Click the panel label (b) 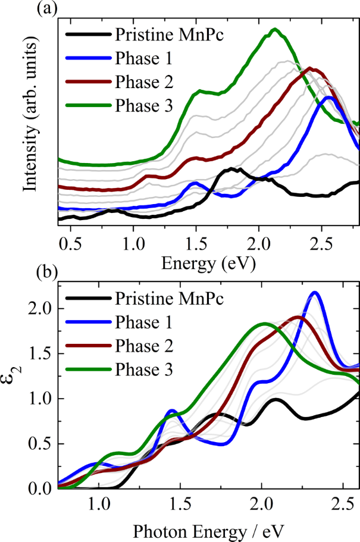coord(11,275)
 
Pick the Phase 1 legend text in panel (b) coord(144,323)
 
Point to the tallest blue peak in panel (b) coord(315,292)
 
